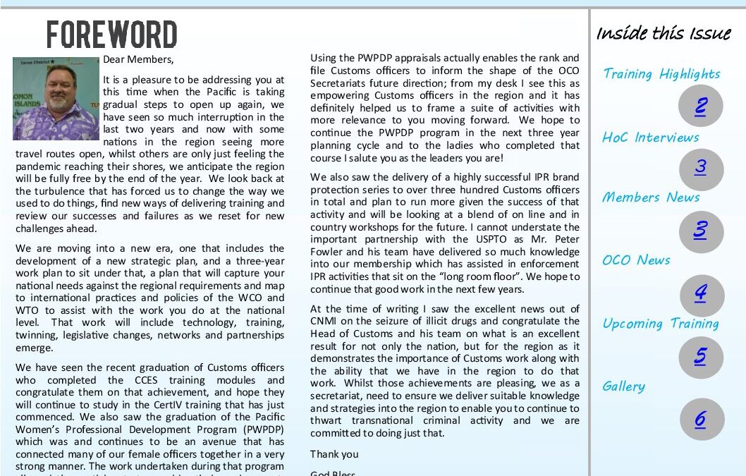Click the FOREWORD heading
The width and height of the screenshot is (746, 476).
tap(111, 35)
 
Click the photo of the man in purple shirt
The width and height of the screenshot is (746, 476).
tap(56, 99)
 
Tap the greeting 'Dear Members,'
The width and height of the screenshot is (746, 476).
tap(138, 59)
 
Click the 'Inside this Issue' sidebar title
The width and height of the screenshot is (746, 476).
tap(664, 33)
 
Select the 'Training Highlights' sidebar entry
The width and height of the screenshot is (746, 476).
tap(661, 74)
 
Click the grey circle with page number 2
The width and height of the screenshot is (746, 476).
tap(700, 106)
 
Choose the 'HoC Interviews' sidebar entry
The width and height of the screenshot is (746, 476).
tap(650, 138)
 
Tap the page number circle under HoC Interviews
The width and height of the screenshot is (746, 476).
tap(700, 169)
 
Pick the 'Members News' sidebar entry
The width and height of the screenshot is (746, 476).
tap(650, 197)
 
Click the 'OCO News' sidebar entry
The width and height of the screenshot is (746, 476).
tap(636, 260)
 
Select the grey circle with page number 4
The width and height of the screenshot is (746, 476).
tap(700, 294)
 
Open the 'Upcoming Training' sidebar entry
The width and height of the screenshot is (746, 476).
tap(661, 324)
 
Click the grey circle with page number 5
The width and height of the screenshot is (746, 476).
tap(700, 357)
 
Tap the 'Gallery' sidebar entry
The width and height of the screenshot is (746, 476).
tap(623, 386)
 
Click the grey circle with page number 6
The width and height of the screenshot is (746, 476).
tap(700, 420)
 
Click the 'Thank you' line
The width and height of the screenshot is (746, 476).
tap(334, 454)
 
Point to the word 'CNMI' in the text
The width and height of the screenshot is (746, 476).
tap(326, 322)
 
